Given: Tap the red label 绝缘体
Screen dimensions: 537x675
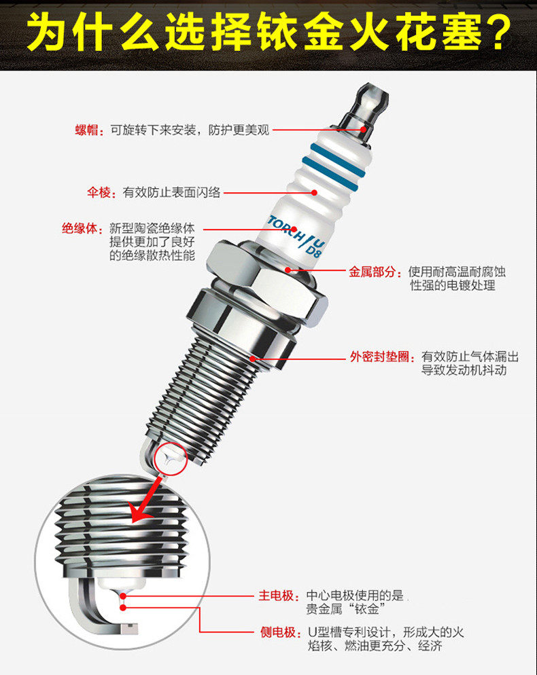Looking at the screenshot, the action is (80, 228).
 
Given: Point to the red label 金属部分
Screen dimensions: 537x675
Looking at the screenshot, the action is (372, 272).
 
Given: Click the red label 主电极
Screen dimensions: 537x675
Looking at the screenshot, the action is (276, 596).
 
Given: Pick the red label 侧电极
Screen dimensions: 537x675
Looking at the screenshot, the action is (278, 632).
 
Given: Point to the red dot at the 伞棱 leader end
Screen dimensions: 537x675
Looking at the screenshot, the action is (315, 192).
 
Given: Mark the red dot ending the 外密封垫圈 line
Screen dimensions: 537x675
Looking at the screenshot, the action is (253, 358).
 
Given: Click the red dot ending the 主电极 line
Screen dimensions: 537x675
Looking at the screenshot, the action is (123, 596).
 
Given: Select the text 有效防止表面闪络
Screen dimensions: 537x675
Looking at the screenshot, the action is (171, 192).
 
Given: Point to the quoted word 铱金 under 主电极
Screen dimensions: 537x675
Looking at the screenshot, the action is (366, 609).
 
